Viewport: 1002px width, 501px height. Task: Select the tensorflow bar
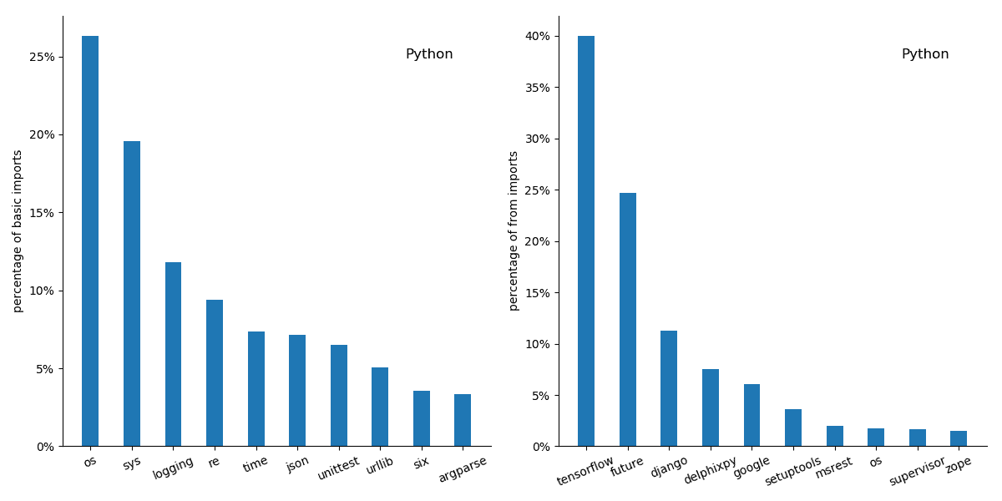pyautogui.click(x=586, y=241)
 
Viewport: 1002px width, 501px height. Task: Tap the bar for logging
pyautogui.click(x=173, y=354)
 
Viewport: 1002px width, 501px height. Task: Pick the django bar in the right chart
pyautogui.click(x=669, y=388)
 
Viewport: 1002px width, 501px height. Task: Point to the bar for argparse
pyautogui.click(x=463, y=420)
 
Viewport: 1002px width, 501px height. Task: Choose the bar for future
pyautogui.click(x=628, y=320)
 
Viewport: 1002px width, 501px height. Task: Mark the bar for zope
pyautogui.click(x=959, y=438)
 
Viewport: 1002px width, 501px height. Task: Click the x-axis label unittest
pyautogui.click(x=339, y=468)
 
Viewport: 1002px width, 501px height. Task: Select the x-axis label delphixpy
pyautogui.click(x=711, y=470)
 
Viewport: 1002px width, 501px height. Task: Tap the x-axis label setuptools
pyautogui.click(x=793, y=472)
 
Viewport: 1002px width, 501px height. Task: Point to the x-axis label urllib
pyautogui.click(x=380, y=466)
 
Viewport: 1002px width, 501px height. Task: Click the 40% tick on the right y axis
pyautogui.click(x=537, y=36)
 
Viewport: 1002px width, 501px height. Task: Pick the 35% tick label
pyautogui.click(x=537, y=88)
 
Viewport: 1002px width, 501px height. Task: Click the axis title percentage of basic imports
pyautogui.click(x=18, y=230)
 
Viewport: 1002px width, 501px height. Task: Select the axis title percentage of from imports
pyautogui.click(x=514, y=230)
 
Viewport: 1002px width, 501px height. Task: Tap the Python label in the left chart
pyautogui.click(x=429, y=54)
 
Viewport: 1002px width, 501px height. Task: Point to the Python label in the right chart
pyautogui.click(x=925, y=54)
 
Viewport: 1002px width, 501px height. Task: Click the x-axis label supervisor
pyautogui.click(x=917, y=471)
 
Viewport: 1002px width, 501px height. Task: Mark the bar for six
pyautogui.click(x=422, y=418)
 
